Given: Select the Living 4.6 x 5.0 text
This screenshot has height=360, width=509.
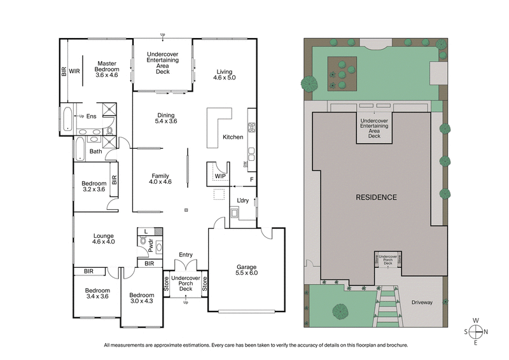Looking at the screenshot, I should [x=225, y=75].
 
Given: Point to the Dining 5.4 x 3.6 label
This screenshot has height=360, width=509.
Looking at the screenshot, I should [x=165, y=119].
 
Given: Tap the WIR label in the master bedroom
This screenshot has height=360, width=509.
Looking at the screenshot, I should [x=75, y=72].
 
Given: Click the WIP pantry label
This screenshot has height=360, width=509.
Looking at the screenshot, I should [x=221, y=175].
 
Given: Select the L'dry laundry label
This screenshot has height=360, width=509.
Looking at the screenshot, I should [x=242, y=201].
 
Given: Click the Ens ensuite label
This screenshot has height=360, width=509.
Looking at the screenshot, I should [x=91, y=116].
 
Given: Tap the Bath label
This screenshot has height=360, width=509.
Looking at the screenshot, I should [x=95, y=151].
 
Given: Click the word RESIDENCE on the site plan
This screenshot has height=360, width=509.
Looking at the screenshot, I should [x=376, y=197].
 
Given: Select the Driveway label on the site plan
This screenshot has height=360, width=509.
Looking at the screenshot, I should [x=423, y=303].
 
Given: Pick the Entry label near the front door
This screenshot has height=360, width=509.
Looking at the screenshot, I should [x=186, y=255].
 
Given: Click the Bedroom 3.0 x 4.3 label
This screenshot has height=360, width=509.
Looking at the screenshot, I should [x=142, y=299].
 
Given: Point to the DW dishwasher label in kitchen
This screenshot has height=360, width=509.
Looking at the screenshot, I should [x=246, y=164].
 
